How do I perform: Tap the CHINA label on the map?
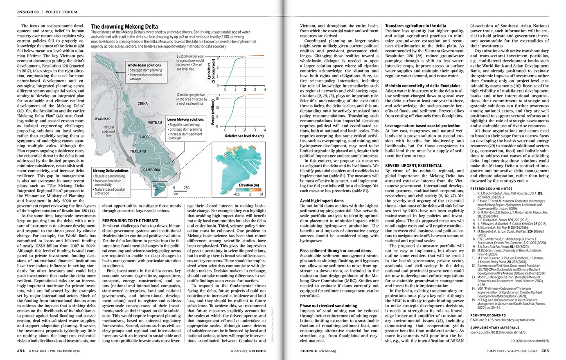[x=143, y=103]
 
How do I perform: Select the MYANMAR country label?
[x=103, y=119]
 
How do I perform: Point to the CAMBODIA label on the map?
[x=152, y=170]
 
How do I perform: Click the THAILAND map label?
[x=138, y=151]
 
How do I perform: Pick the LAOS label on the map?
[x=144, y=137]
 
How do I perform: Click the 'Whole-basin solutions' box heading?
[x=144, y=65]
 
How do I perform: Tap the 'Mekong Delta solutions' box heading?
[x=110, y=171]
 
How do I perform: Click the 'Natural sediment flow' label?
[x=108, y=131]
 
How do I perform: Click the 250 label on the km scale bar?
[x=187, y=188]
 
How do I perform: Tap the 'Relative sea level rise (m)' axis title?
[x=244, y=135]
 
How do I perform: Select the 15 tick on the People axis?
[x=217, y=99]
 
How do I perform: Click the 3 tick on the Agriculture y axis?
[x=218, y=59]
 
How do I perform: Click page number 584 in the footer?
[x=21, y=351]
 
